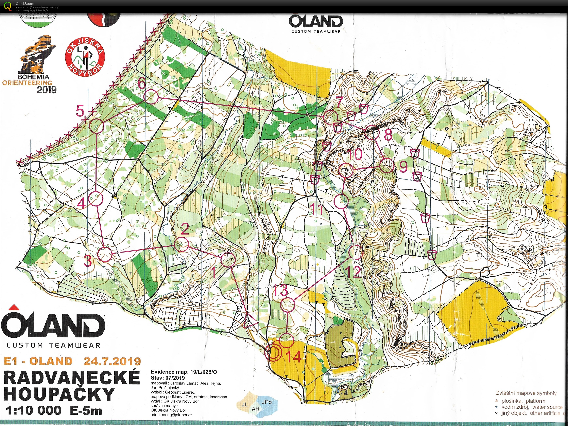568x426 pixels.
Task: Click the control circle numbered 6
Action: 151,97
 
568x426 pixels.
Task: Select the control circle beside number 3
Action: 105,254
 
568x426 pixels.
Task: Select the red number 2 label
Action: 185,229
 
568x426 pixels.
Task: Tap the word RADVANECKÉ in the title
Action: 72,377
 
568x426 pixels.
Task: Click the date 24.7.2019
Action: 112,361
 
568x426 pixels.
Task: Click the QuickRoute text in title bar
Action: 25,4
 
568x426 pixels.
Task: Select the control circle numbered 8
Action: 372,133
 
